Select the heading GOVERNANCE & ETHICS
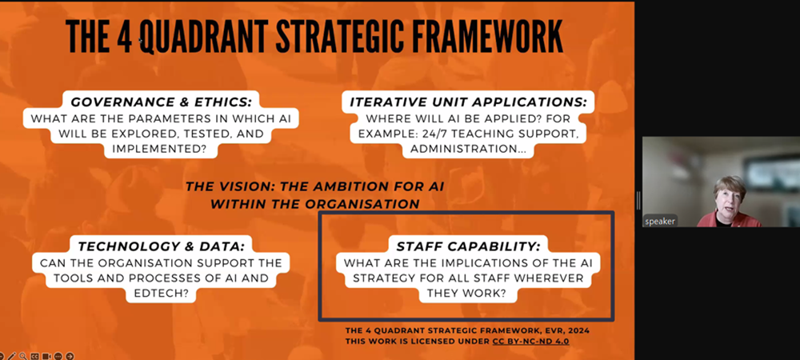pyautogui.click(x=162, y=102)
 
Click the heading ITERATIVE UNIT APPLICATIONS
pyautogui.click(x=468, y=102)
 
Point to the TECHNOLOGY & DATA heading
pyautogui.click(x=162, y=246)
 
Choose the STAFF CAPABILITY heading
pyautogui.click(x=468, y=246)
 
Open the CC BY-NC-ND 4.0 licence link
pyautogui.click(x=530, y=341)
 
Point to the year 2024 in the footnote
pyautogui.click(x=578, y=330)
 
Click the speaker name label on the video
pyautogui.click(x=660, y=222)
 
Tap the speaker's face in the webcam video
pyautogui.click(x=730, y=199)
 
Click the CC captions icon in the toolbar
pyautogui.click(x=34, y=356)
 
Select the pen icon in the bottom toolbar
pyautogui.click(x=12, y=356)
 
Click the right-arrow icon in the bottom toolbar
pyautogui.click(x=70, y=356)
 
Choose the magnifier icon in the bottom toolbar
pyautogui.click(x=23, y=356)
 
